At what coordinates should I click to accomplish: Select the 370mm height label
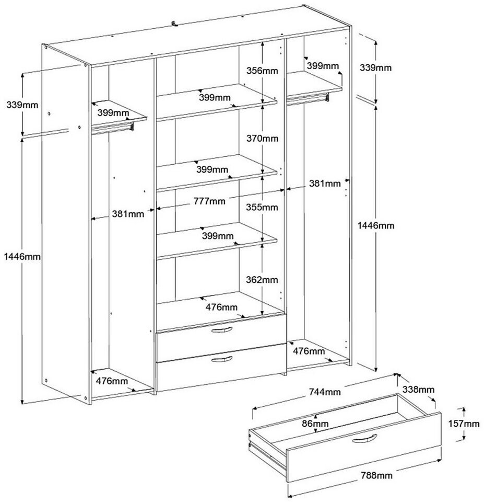point(262,139)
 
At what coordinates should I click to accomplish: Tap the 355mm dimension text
point(262,207)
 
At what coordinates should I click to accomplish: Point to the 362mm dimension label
point(262,280)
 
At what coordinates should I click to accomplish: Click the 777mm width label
point(209,201)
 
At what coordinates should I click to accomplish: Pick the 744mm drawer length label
point(325,392)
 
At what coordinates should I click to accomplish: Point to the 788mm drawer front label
point(376,475)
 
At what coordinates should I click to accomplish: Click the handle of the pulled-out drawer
point(364,438)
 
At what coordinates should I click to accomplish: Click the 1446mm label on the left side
point(21,256)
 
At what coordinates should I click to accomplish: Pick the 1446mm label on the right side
point(376,225)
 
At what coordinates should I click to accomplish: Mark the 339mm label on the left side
point(22,105)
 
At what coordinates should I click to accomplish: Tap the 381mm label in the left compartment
point(127,213)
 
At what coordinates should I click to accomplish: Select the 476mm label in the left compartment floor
point(112,381)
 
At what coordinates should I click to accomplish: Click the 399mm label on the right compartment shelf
point(322,65)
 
